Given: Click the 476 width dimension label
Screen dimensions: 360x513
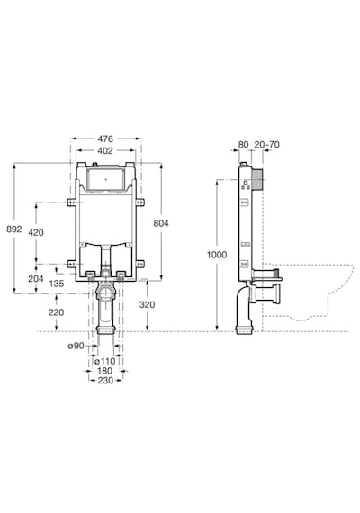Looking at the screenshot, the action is click(x=105, y=139).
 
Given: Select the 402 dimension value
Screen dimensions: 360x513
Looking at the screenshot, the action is click(x=105, y=150).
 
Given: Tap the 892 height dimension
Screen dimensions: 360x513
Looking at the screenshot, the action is click(x=14, y=229).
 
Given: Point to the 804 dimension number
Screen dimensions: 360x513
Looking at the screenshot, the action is click(x=161, y=223).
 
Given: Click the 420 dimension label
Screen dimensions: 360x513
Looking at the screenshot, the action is click(x=36, y=232).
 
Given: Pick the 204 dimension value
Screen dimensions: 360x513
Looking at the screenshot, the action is click(x=36, y=279).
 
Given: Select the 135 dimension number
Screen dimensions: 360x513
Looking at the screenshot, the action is click(x=57, y=283).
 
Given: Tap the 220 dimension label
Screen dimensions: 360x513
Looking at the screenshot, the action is click(x=57, y=312).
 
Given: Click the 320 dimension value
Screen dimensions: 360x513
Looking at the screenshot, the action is click(x=147, y=304).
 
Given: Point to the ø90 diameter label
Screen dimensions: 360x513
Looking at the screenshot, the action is click(x=76, y=346).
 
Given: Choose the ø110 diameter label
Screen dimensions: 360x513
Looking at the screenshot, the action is click(x=104, y=361).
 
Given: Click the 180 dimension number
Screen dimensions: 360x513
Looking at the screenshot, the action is click(x=104, y=371).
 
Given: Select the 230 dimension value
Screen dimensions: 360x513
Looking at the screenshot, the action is click(x=105, y=381).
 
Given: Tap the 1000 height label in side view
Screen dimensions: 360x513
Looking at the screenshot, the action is click(x=217, y=255).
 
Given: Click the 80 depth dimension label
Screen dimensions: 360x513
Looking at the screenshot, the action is click(x=244, y=145).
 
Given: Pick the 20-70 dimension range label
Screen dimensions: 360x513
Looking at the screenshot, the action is click(x=267, y=145).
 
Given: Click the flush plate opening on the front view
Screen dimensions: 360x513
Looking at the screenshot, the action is click(x=105, y=179).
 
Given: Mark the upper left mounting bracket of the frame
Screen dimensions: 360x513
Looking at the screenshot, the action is click(x=71, y=202).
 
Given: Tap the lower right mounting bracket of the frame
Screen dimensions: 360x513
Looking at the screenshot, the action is click(x=139, y=264).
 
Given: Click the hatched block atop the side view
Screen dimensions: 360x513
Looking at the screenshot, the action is click(x=256, y=179).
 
